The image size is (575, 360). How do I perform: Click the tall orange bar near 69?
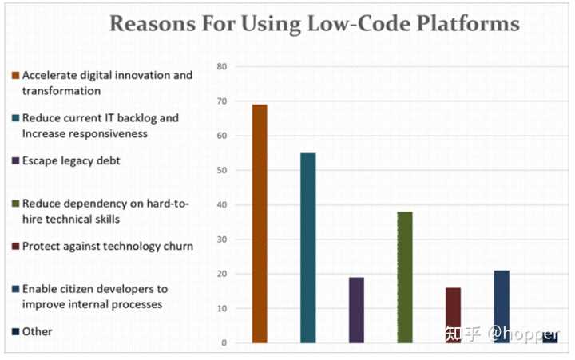click(x=260, y=224)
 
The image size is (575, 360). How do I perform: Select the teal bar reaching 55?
click(x=308, y=247)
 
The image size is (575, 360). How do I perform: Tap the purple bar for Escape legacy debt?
click(x=356, y=310)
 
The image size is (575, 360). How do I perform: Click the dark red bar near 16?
click(x=454, y=315)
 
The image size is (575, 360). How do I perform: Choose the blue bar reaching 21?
click(x=502, y=307)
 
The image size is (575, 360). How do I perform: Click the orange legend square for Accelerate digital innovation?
click(x=15, y=76)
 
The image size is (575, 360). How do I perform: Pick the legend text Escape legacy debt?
click(x=71, y=160)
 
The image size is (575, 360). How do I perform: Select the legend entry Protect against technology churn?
click(x=107, y=246)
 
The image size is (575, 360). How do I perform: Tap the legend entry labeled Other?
click(x=37, y=331)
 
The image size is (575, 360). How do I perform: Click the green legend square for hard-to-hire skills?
click(x=15, y=204)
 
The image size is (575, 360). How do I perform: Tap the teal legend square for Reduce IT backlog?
click(x=15, y=118)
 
